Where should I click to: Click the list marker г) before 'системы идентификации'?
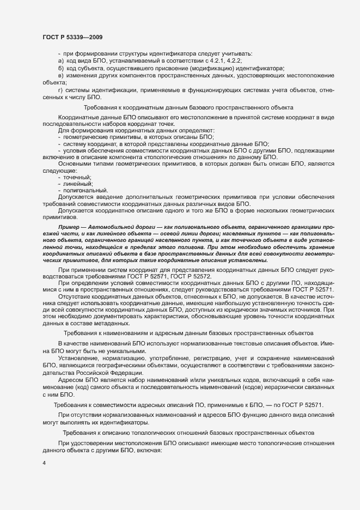point(60,89)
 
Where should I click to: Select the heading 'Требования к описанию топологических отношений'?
point(188,432)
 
